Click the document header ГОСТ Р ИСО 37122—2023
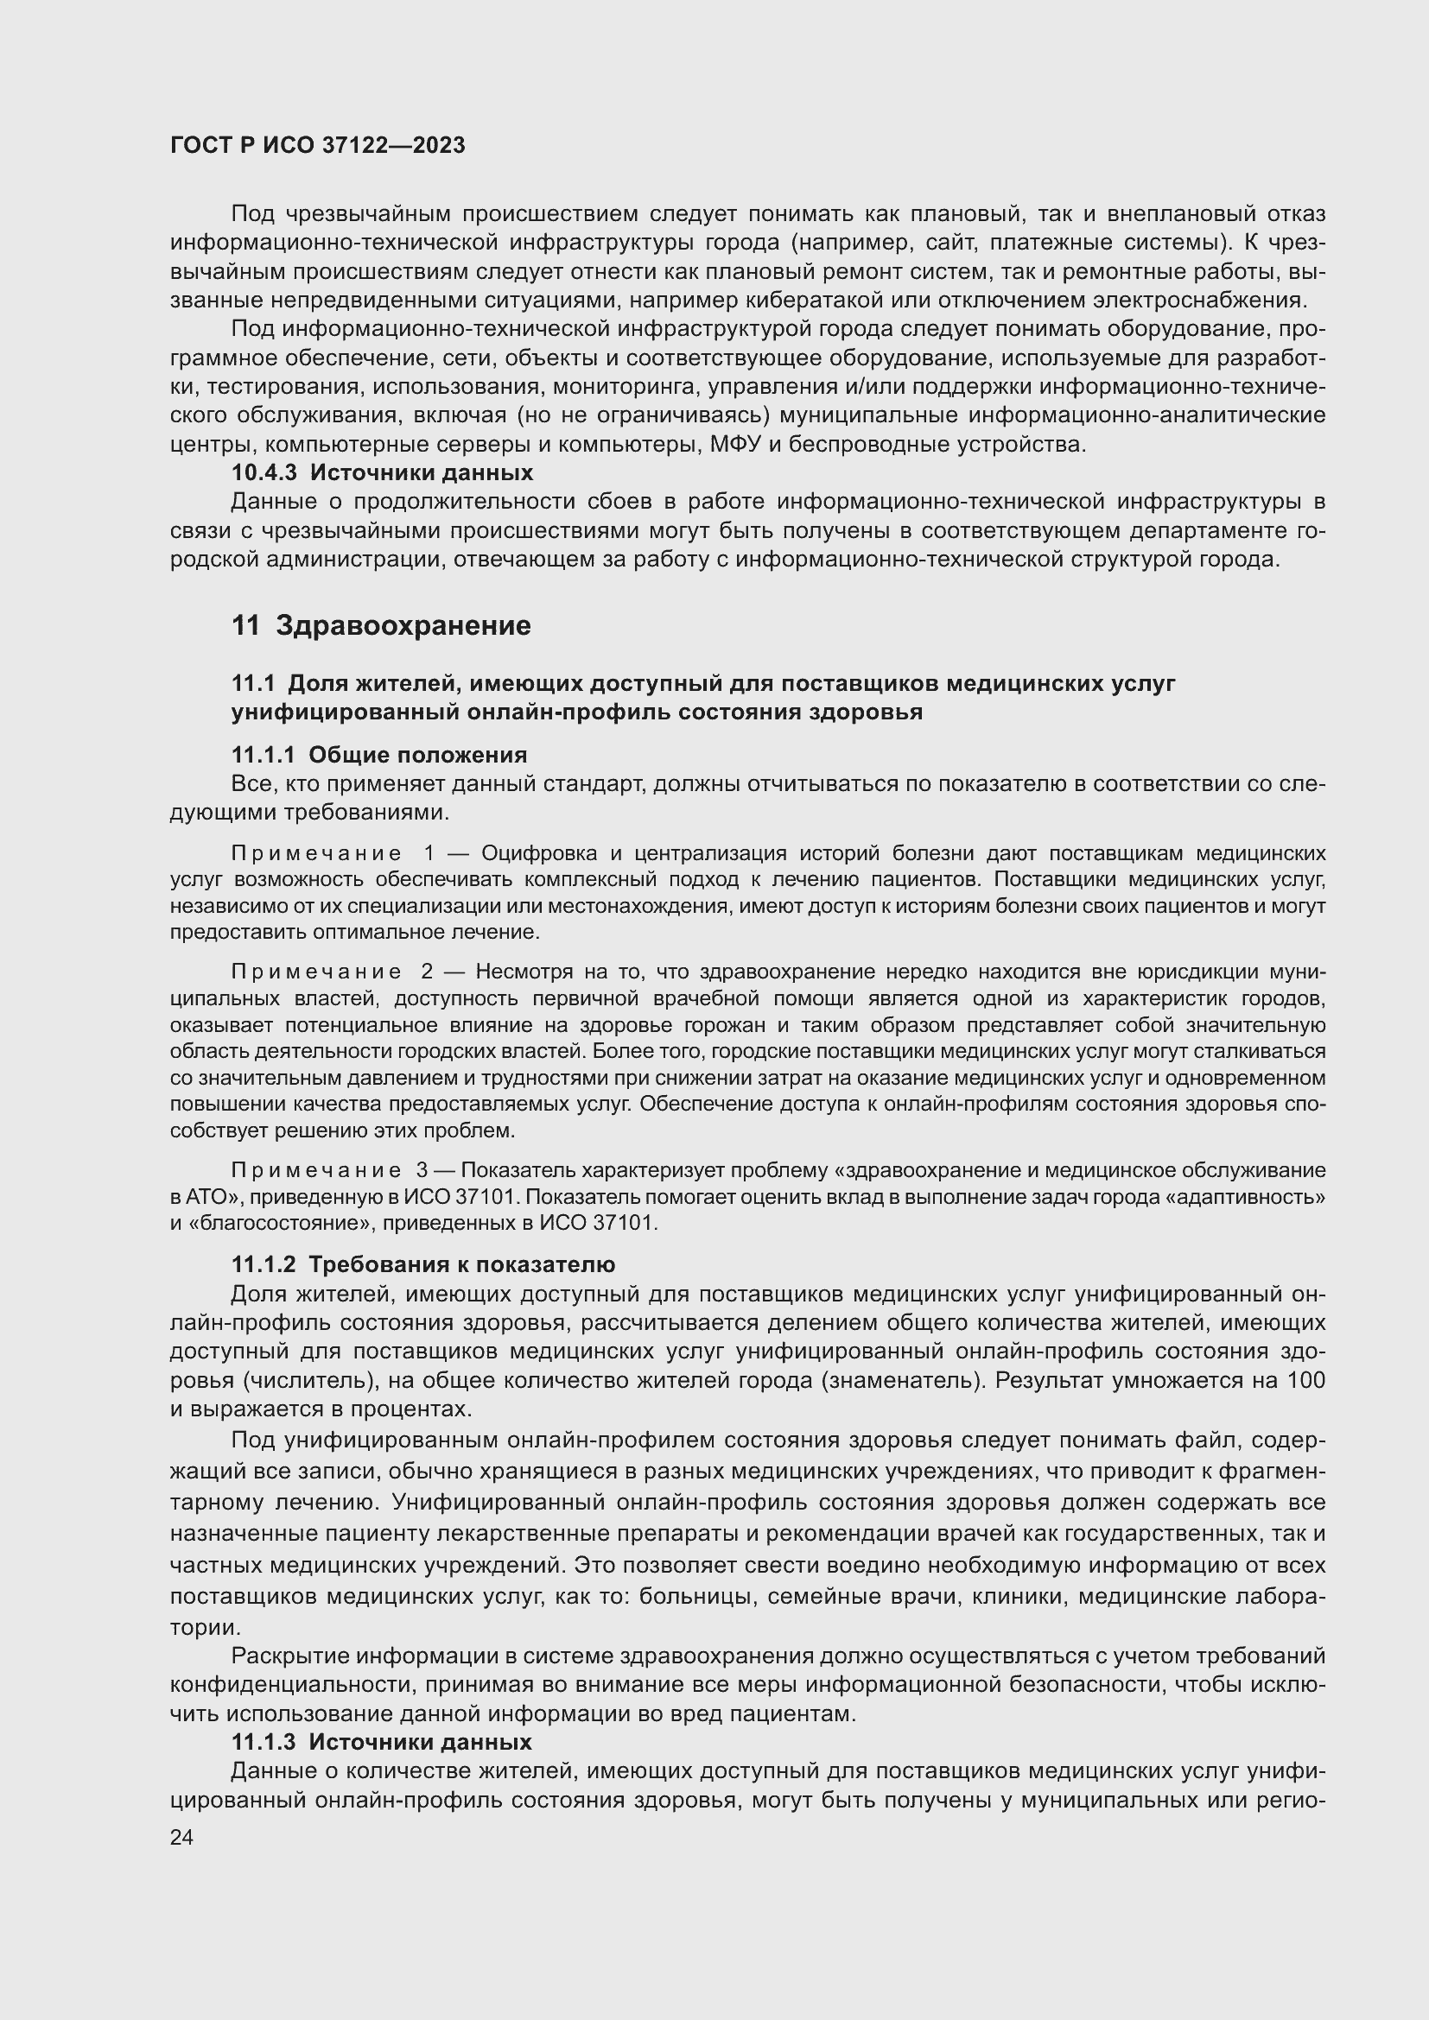pyautogui.click(x=318, y=146)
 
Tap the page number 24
pyautogui.click(x=181, y=1838)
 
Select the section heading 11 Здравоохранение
pyautogui.click(x=381, y=625)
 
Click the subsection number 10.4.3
pyautogui.click(x=265, y=473)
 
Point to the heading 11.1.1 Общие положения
pyautogui.click(x=379, y=755)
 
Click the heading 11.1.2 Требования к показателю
pyautogui.click(x=423, y=1265)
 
